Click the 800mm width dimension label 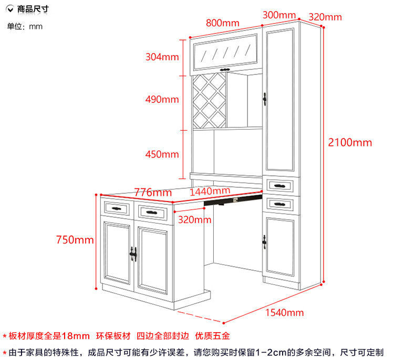coord(222,23)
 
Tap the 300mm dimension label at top coord(279,15)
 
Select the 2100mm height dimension coord(349,142)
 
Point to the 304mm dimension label coord(162,57)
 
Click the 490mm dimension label coord(162,99)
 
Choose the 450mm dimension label coord(162,154)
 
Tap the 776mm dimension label coord(153,193)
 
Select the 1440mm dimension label coord(210,192)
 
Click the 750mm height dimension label coord(75,240)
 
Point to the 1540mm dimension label coord(284,313)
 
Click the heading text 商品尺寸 coord(33,9)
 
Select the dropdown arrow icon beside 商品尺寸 coord(10,9)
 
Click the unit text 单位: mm coord(25,26)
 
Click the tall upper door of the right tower coord(279,100)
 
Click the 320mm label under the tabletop coord(194,219)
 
